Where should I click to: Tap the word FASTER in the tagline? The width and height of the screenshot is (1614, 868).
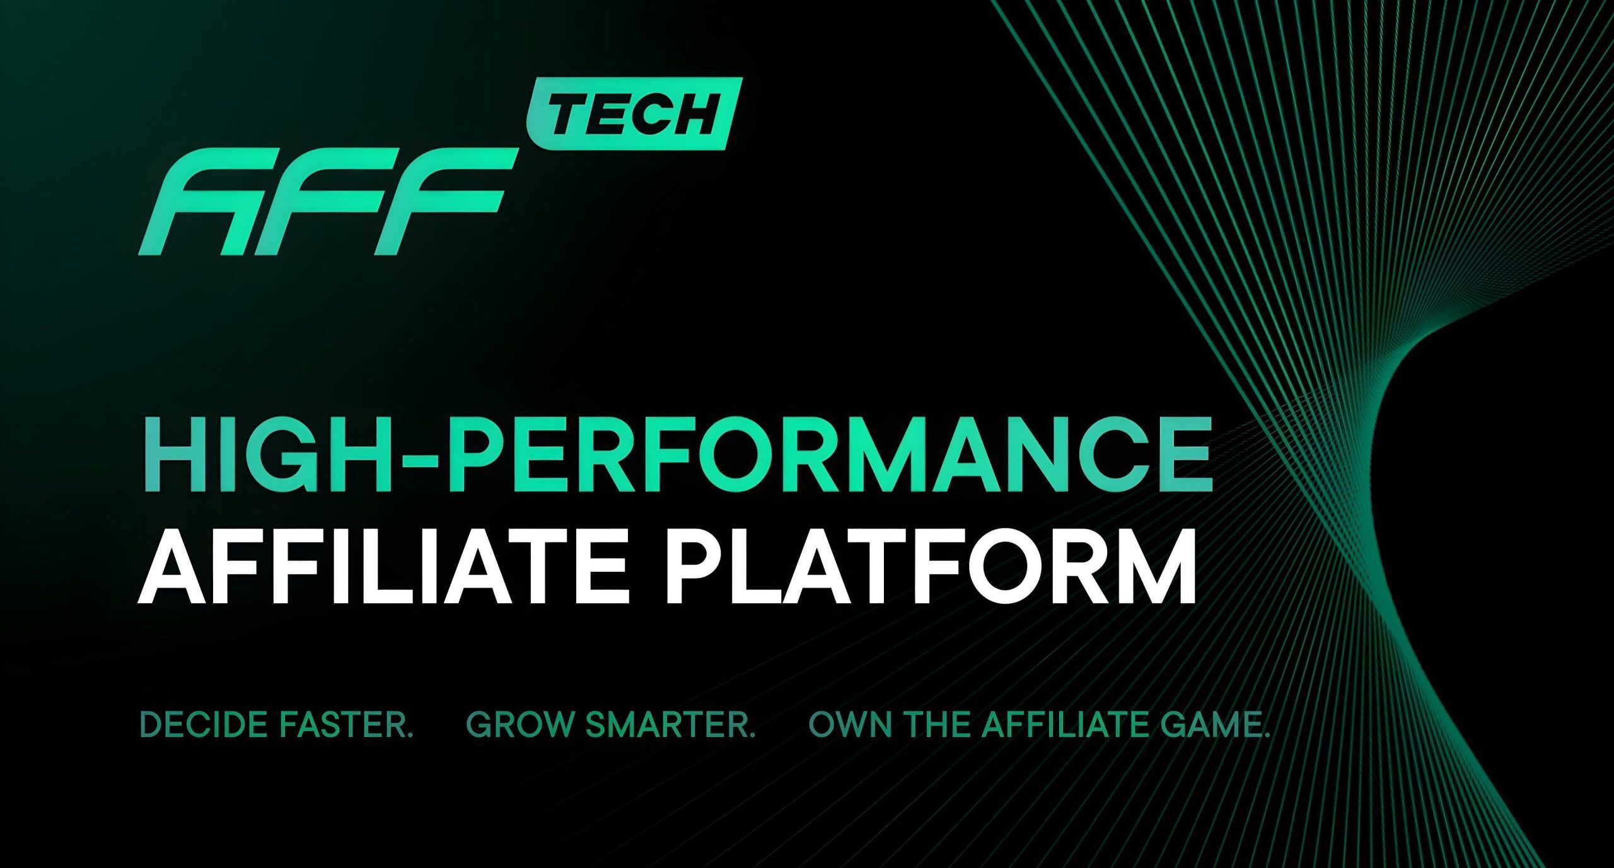tap(345, 725)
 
